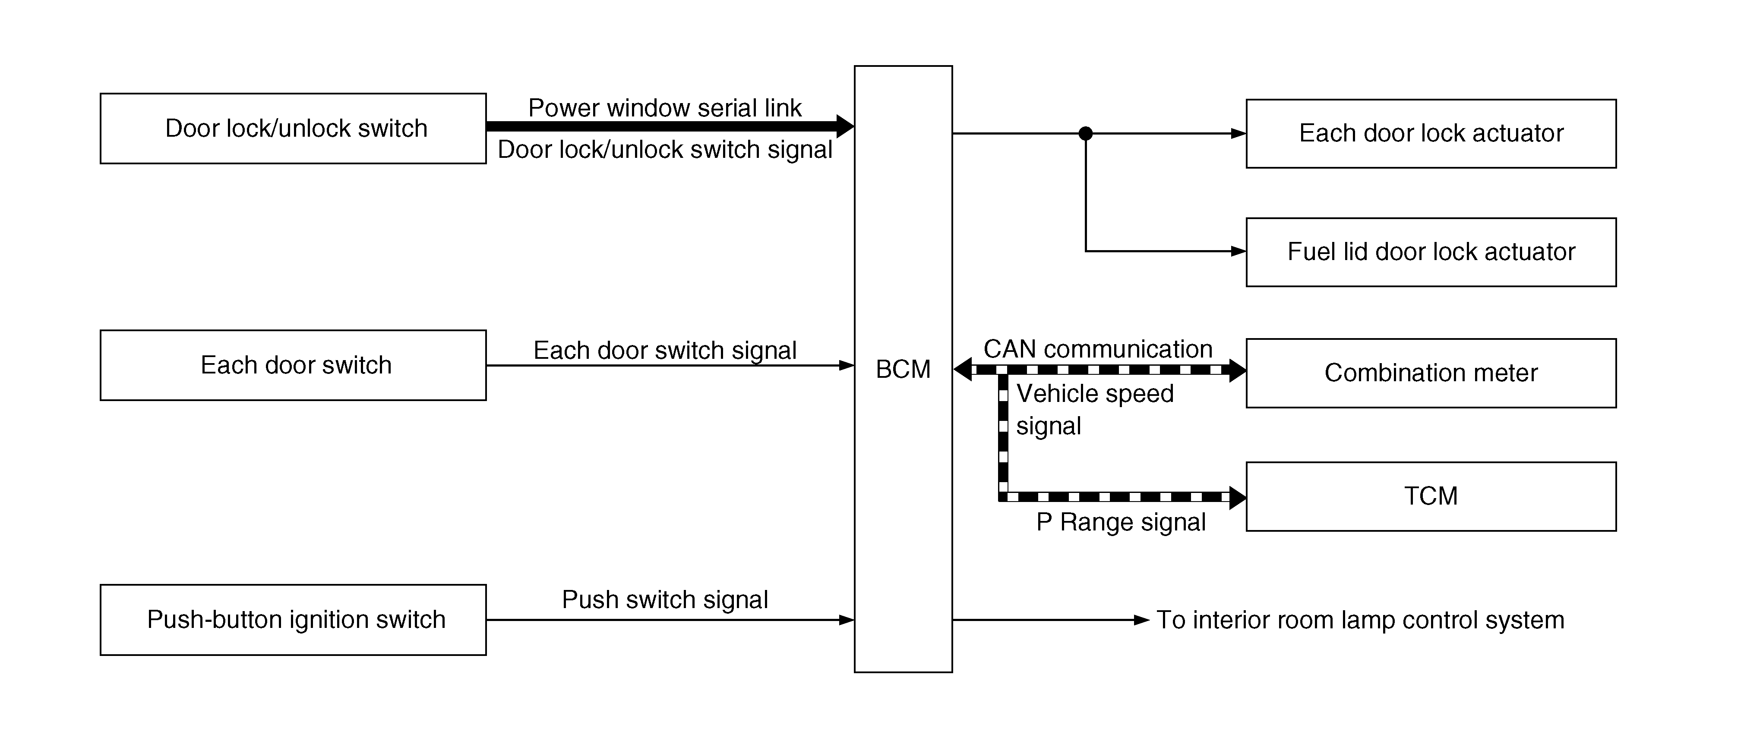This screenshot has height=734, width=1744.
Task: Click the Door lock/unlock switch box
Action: (293, 129)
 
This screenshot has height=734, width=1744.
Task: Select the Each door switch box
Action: (293, 365)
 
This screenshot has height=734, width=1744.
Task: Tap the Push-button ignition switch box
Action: (293, 620)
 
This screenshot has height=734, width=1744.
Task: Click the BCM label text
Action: (903, 369)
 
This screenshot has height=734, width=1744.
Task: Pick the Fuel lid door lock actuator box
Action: (1431, 252)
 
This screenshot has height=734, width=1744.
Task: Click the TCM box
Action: (1431, 496)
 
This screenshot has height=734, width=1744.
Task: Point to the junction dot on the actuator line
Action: (1085, 133)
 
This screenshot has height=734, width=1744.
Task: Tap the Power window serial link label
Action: (665, 107)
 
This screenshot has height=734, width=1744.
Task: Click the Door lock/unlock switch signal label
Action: (665, 150)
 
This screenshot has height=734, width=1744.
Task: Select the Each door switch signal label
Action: (665, 351)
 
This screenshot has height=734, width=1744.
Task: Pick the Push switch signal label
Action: (665, 599)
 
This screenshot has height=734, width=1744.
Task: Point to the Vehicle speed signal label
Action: (1095, 409)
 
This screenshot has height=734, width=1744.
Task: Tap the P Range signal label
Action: (1121, 522)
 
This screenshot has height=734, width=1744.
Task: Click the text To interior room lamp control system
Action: (1360, 620)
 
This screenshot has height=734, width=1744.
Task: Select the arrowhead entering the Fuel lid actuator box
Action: (1238, 252)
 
